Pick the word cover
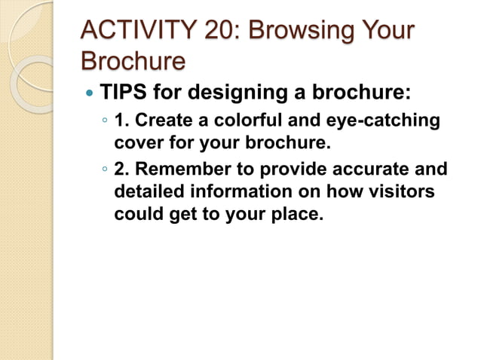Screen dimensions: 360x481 138,142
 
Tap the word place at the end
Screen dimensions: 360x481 296,214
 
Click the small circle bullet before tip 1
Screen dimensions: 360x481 105,121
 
